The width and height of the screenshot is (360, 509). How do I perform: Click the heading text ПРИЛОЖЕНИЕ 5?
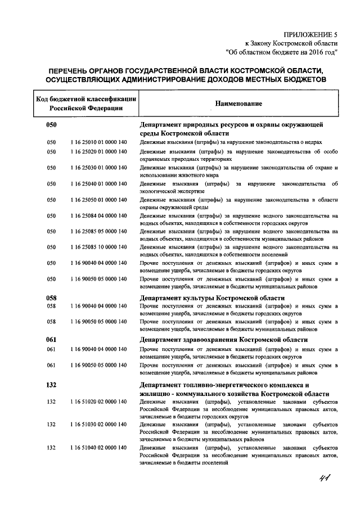[x=311, y=34]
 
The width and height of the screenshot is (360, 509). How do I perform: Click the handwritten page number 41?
[x=325, y=479]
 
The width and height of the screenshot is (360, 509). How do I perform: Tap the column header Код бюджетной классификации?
[x=86, y=100]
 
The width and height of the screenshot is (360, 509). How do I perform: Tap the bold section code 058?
[x=52, y=298]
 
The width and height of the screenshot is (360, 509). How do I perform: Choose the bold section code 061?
[x=52, y=340]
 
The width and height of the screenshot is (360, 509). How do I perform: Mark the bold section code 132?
[x=52, y=385]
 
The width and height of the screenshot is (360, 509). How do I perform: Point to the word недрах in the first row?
[x=327, y=143]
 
